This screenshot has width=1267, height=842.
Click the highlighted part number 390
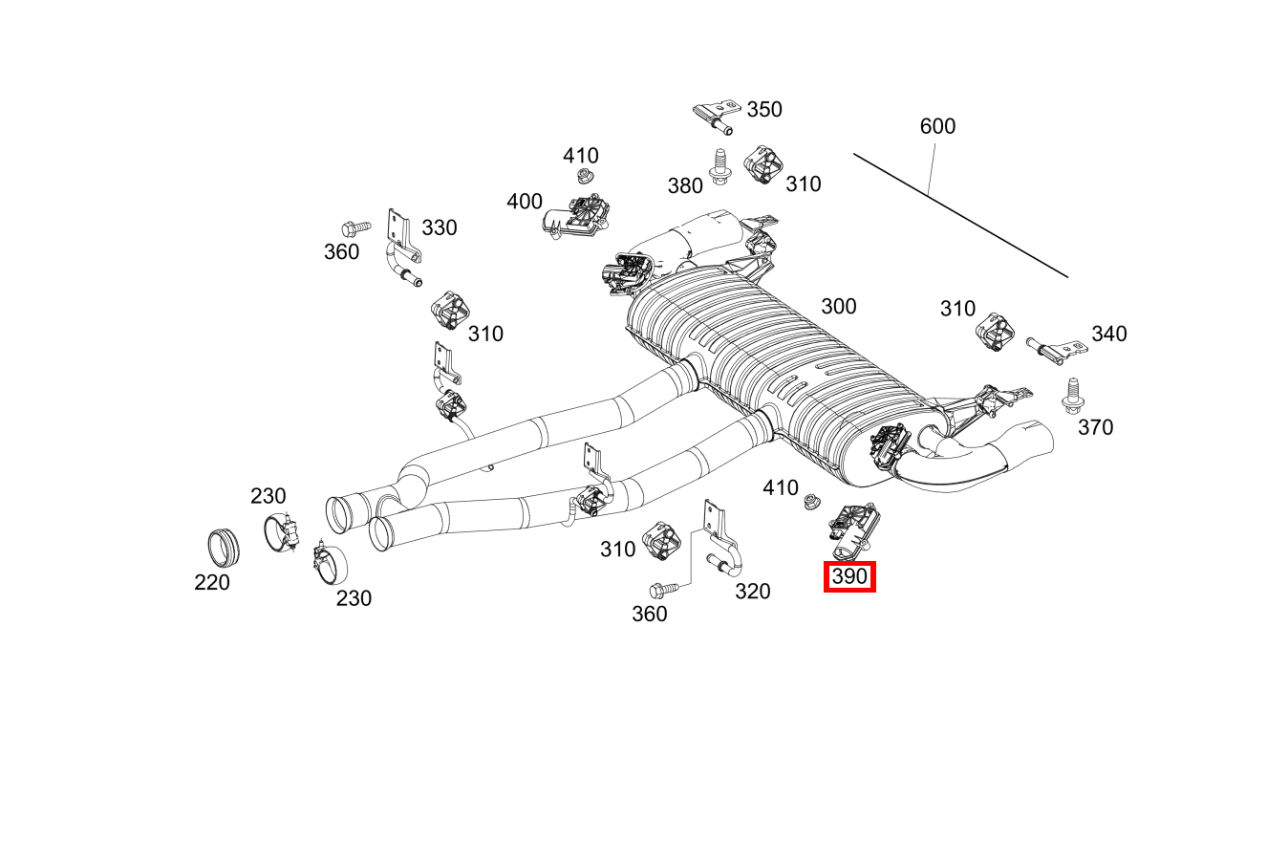point(849,577)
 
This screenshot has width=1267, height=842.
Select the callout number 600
point(937,126)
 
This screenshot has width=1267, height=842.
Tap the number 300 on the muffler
point(838,307)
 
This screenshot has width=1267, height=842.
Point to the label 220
point(212,582)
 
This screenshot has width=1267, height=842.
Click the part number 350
point(763,109)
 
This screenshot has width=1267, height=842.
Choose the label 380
point(685,185)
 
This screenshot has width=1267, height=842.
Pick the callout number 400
point(525,202)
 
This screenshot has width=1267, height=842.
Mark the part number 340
point(1108,334)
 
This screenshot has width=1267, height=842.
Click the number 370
point(1095,427)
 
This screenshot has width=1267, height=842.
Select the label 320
point(752,592)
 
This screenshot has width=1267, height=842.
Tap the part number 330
point(440,227)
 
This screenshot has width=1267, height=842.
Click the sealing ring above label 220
point(225,547)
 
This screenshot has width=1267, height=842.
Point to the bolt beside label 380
point(720,166)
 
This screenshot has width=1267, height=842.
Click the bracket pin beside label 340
point(1055,348)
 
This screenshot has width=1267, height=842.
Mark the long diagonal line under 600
point(960,215)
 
